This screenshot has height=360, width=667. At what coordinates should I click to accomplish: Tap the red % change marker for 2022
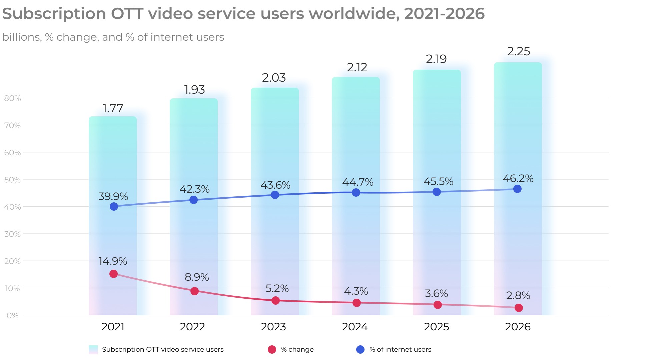[194, 291]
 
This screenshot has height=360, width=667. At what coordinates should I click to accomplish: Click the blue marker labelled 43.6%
[275, 195]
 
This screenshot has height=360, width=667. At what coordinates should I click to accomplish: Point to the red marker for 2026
[518, 308]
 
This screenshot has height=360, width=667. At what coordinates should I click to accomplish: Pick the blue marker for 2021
[114, 206]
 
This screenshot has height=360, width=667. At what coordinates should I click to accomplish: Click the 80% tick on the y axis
[12, 98]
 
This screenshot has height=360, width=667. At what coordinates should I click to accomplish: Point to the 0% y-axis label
[12, 315]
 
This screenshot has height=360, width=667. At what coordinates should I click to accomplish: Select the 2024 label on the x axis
[355, 327]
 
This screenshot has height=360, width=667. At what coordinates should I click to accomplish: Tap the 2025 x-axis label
[436, 327]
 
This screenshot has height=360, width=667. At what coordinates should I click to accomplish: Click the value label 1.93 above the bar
[194, 90]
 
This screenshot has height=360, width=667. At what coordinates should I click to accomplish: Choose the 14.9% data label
[113, 261]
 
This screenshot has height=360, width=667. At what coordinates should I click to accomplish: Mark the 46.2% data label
[518, 179]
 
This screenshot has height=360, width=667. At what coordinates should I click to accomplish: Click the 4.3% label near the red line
[356, 291]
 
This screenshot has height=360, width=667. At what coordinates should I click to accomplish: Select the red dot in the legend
[272, 349]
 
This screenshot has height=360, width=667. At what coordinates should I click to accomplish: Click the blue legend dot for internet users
[360, 349]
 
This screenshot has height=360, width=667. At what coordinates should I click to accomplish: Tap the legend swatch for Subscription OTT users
[93, 349]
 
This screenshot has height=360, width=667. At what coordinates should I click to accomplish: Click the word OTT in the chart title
[127, 14]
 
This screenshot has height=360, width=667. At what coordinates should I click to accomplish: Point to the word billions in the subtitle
[22, 37]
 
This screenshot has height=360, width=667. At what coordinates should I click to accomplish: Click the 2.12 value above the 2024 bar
[357, 67]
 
